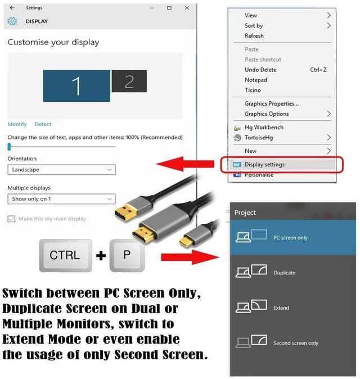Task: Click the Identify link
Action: click(17, 124)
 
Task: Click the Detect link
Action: click(43, 124)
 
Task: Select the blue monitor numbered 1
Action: click(76, 85)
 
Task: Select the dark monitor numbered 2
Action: click(129, 81)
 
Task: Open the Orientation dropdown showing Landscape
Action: click(61, 169)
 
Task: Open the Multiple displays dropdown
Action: click(61, 198)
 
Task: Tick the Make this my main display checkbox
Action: click(11, 219)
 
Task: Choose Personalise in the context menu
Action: click(259, 175)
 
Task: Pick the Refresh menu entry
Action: click(254, 36)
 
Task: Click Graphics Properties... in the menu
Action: click(271, 103)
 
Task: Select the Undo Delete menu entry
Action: click(260, 70)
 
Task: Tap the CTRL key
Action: click(65, 255)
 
